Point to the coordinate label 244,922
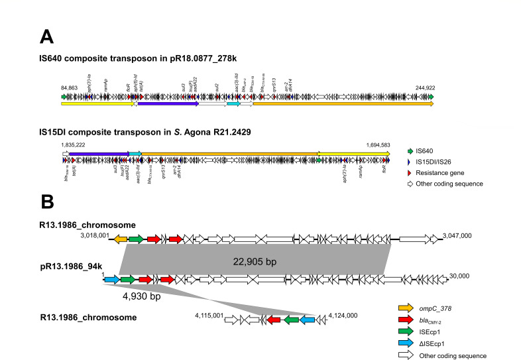422,88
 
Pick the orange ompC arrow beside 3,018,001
119,239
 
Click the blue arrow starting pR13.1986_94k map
111,280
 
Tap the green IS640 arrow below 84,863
64,96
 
